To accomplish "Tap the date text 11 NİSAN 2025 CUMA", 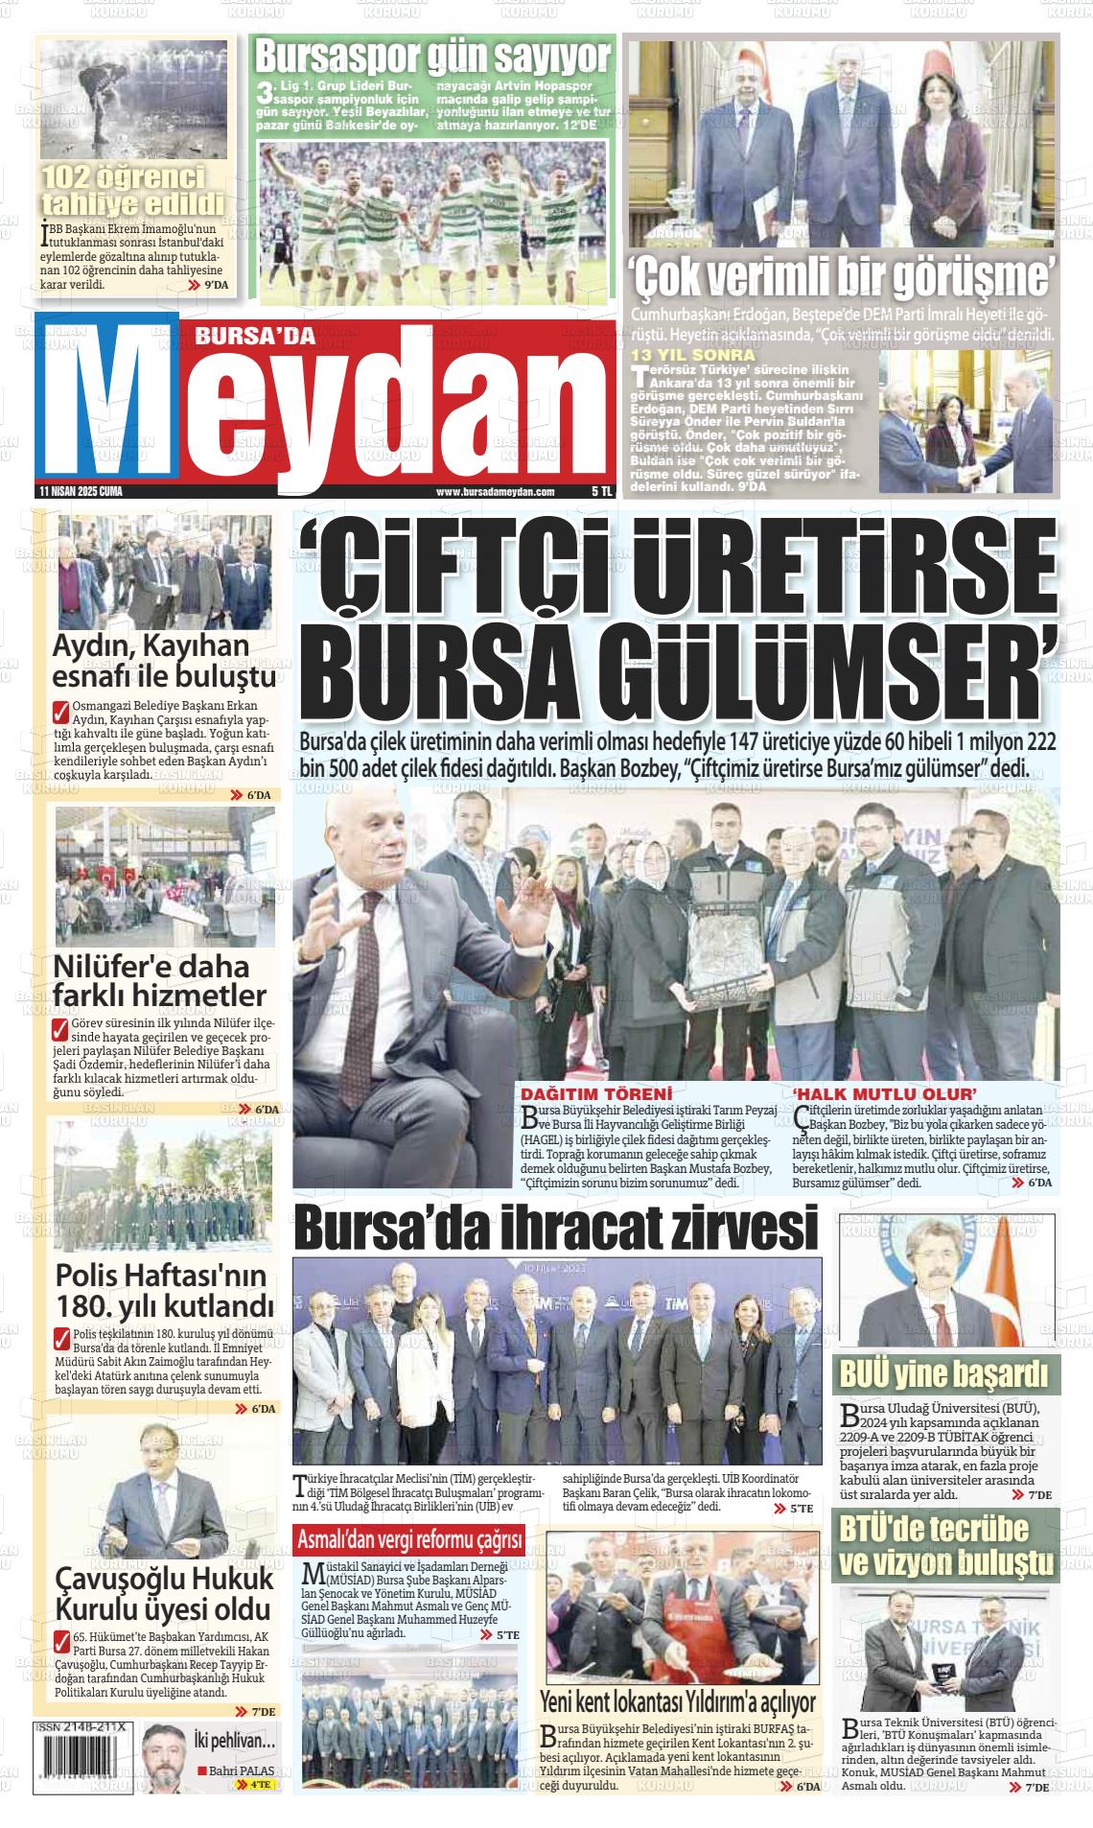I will (x=81, y=492).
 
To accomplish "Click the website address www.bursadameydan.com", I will (x=495, y=492).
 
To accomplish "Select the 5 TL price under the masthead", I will (x=601, y=492).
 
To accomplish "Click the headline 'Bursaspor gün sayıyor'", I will (x=432, y=57).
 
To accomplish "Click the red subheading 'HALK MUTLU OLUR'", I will (x=884, y=1094).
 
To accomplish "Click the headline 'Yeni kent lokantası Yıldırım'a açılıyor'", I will (x=678, y=1701).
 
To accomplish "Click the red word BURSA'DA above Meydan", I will (x=242, y=335).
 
